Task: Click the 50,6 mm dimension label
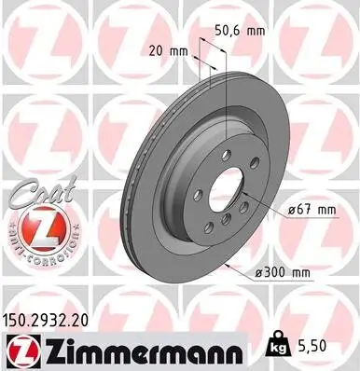click(239, 31)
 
